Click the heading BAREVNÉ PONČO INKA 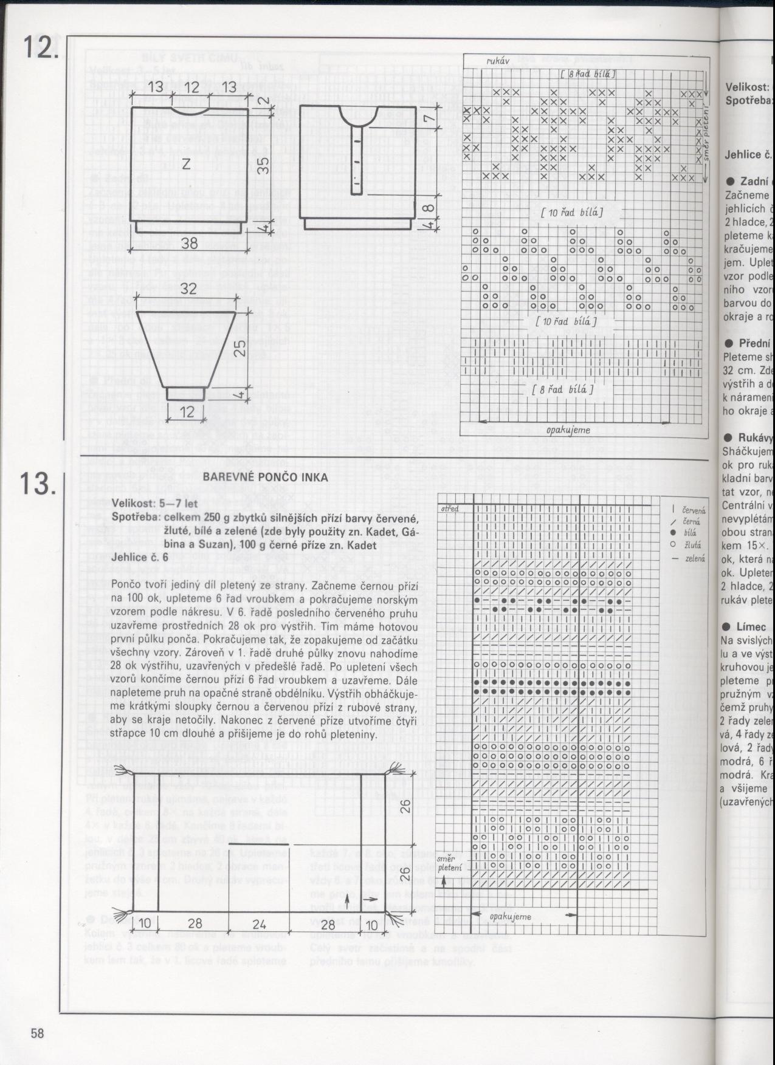click(265, 477)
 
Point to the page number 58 click(38, 1033)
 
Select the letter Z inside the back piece click(187, 165)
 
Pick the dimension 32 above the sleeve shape click(188, 288)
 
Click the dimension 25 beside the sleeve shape click(241, 346)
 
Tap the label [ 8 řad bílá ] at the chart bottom click(562, 390)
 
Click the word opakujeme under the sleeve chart click(568, 430)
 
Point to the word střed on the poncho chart click(450, 508)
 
